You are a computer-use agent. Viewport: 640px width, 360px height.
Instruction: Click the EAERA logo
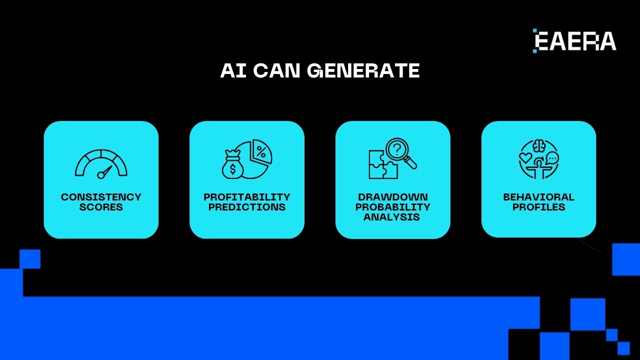click(574, 40)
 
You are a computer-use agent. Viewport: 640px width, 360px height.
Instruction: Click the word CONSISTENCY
click(101, 197)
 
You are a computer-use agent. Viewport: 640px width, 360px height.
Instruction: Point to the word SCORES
click(101, 207)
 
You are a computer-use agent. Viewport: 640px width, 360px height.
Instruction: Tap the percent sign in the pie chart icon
click(261, 150)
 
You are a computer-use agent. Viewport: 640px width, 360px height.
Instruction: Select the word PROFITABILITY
click(247, 197)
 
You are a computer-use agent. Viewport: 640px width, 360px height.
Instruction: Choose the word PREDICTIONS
click(247, 207)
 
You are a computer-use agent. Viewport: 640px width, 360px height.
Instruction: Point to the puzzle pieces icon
click(382, 164)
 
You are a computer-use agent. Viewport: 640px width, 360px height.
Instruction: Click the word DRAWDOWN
click(393, 197)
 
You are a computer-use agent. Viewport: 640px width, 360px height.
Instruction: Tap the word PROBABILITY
click(393, 207)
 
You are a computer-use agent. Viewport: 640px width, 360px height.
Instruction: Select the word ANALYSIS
click(393, 217)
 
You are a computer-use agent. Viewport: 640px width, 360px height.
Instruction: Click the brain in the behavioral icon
click(539, 145)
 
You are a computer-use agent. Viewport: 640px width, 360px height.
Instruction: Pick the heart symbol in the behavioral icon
click(525, 158)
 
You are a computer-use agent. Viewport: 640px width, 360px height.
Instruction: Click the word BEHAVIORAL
click(538, 197)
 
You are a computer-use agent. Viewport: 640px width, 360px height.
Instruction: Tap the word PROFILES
click(538, 207)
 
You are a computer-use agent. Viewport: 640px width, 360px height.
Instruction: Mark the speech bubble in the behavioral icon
click(552, 158)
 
